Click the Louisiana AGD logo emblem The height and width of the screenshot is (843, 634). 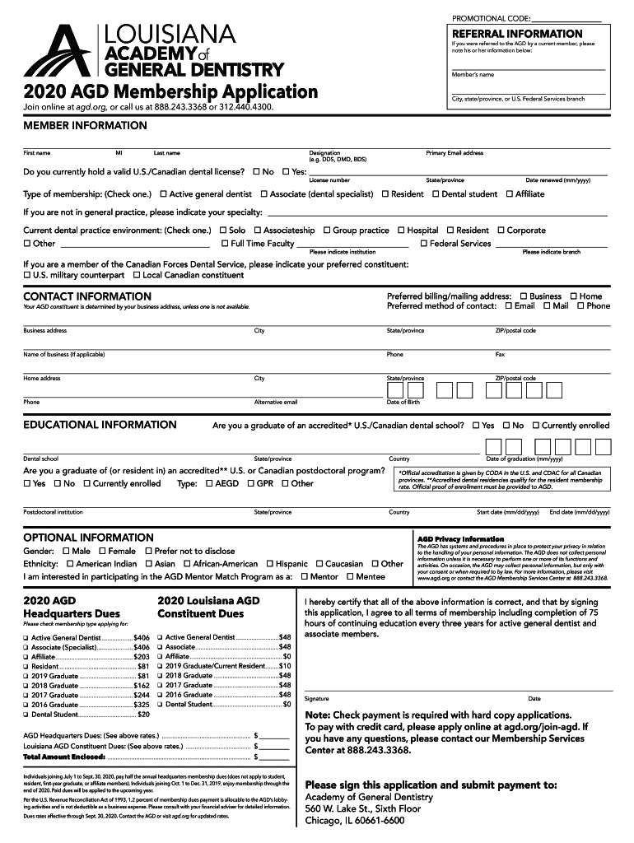(x=58, y=50)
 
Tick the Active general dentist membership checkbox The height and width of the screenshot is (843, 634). (x=163, y=194)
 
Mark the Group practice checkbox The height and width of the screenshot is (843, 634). (x=327, y=231)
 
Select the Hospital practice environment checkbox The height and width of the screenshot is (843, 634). (x=401, y=231)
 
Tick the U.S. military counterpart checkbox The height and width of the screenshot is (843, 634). (x=27, y=275)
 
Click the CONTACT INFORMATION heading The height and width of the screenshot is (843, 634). (x=86, y=296)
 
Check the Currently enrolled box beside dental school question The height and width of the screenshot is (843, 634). (x=535, y=426)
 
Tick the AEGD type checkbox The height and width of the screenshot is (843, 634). (x=209, y=483)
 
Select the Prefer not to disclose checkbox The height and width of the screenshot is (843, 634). (x=148, y=551)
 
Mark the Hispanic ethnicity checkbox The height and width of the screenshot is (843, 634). (x=269, y=564)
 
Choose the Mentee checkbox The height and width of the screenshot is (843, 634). (x=349, y=577)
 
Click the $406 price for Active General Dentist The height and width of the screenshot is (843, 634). (x=141, y=638)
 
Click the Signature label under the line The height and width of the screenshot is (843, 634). (x=317, y=698)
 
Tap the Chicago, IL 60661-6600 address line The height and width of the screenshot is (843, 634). (x=354, y=820)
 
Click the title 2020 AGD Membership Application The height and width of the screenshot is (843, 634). (x=170, y=91)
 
